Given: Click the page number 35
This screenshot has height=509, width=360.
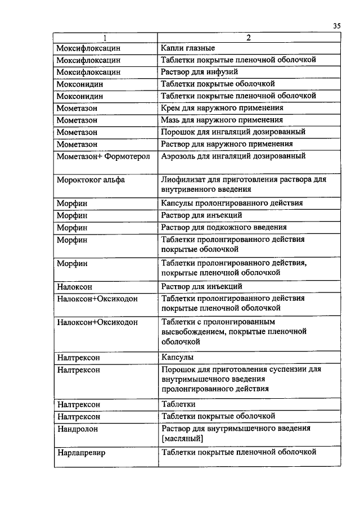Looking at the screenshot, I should tap(336, 25).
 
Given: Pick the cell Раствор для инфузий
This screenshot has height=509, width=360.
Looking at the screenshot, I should tap(199, 72).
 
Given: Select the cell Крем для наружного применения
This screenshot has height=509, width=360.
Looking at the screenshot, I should tap(222, 107).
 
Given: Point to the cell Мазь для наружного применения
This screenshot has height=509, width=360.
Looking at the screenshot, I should tap(222, 120).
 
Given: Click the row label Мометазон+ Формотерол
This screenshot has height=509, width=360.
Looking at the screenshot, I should tap(103, 156).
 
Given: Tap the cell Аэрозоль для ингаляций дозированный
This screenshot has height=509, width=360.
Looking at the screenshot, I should tap(233, 156).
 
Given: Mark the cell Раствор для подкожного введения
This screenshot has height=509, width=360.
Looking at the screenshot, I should tap(224, 227).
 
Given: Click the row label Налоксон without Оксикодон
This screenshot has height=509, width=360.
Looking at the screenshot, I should tap(74, 286).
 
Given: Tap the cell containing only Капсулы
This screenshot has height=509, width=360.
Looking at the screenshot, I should tap(177, 357).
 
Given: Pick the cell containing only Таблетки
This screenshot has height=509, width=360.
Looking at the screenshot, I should tap(178, 404).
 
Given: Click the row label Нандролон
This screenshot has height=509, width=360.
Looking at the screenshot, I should tap(78, 429).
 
